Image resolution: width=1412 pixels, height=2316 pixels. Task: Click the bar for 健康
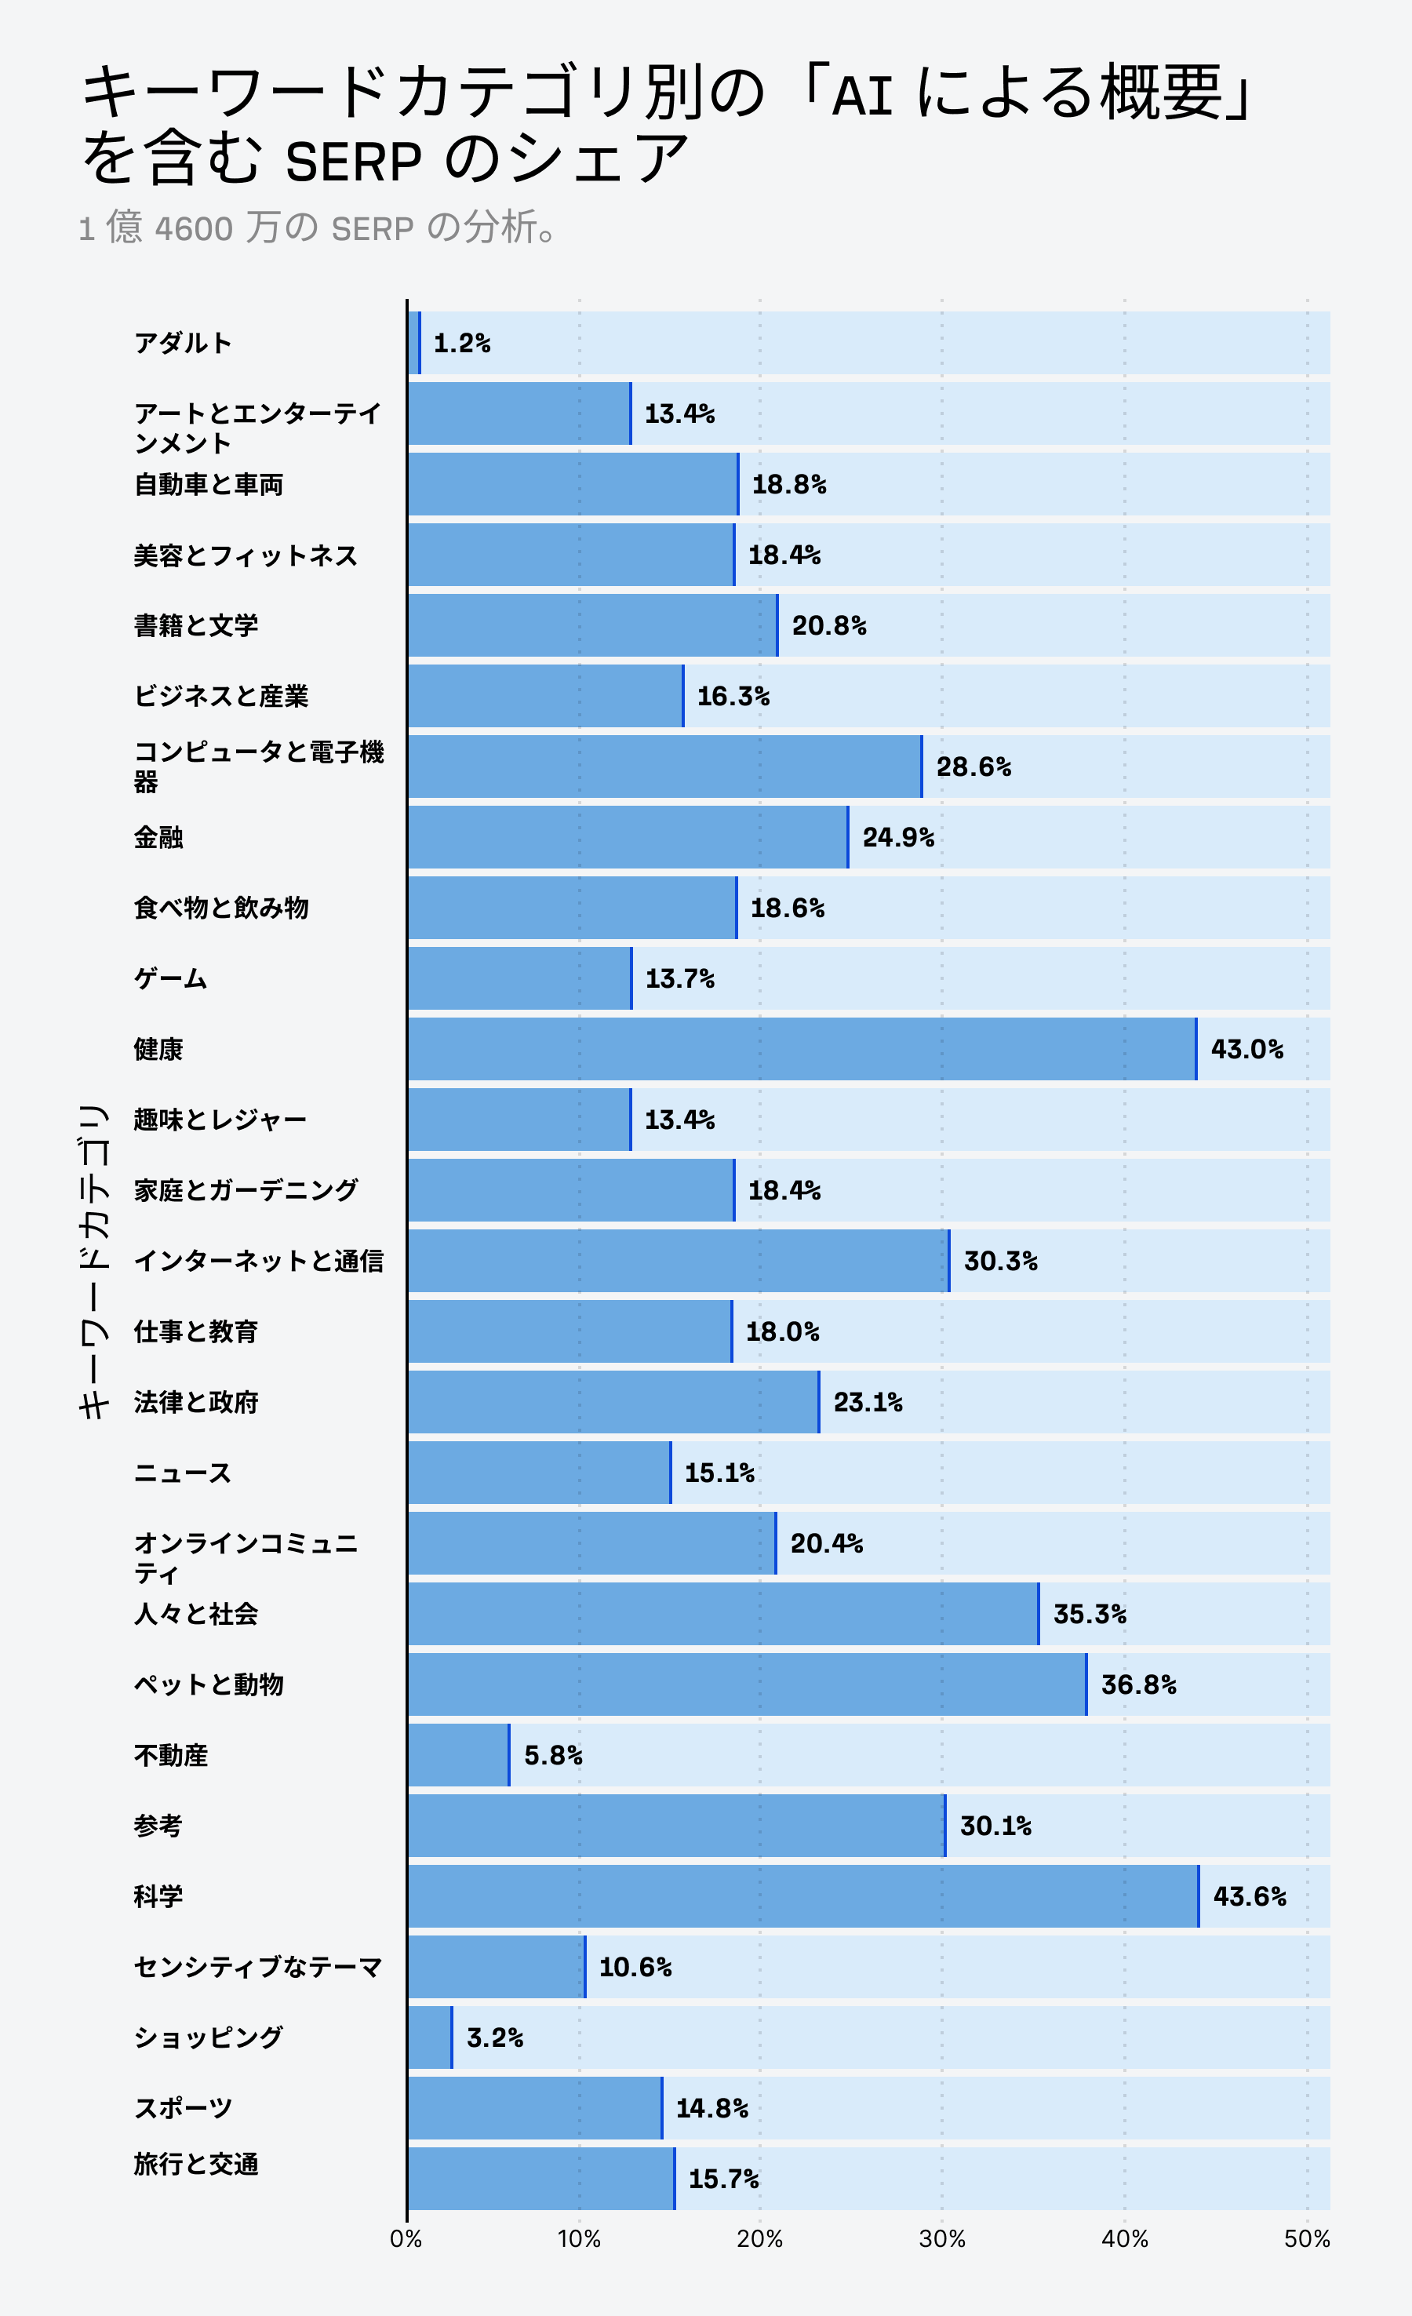tap(802, 1049)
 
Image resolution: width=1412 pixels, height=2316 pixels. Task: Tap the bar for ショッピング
tap(431, 2037)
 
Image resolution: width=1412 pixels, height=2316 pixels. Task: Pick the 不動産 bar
tap(459, 1755)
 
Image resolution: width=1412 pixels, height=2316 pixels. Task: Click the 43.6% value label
tap(1250, 1895)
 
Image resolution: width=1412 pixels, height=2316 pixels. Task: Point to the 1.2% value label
tap(461, 343)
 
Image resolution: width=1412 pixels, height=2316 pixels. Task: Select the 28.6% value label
tap(974, 767)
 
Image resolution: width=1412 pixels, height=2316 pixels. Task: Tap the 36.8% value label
tap(1138, 1684)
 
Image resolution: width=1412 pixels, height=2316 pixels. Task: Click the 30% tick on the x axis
tap(942, 2239)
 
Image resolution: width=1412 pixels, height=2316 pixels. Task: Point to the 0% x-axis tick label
tap(406, 2239)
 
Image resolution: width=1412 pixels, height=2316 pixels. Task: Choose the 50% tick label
tap(1307, 2239)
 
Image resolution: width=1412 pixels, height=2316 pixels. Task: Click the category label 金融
tap(158, 837)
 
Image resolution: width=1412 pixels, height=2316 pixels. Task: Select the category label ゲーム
tap(170, 978)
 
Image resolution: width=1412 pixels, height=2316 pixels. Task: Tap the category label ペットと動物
tap(209, 1684)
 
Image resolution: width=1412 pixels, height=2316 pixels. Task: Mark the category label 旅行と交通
tap(195, 2164)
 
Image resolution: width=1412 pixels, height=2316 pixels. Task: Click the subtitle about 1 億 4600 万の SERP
tap(319, 228)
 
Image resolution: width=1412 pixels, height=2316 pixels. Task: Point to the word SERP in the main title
tap(354, 162)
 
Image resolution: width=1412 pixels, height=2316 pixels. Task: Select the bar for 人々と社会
tap(724, 1614)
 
